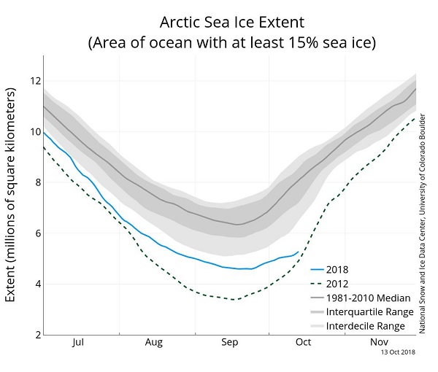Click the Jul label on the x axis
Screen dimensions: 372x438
coord(79,341)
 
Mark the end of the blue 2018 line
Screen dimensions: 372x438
coord(298,252)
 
